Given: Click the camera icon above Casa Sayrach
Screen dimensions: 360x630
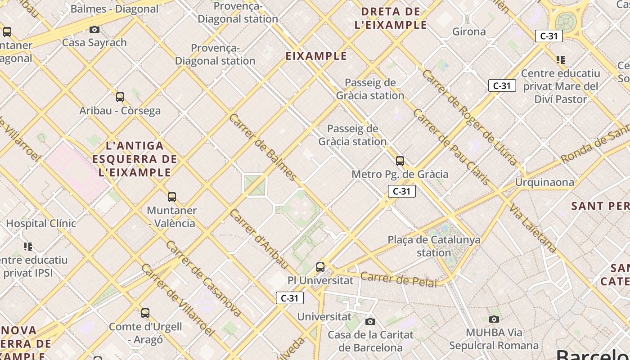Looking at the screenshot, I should pos(94,30).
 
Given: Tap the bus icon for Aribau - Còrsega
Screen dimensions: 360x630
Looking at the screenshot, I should pos(120,97).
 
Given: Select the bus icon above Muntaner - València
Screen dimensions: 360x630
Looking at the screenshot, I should pos(172,197).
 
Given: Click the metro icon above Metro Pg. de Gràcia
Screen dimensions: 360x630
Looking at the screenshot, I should pos(400,161).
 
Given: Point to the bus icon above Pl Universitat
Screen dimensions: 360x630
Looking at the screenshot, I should pos(320,267).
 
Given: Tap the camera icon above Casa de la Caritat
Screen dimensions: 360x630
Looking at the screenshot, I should pos(370,321).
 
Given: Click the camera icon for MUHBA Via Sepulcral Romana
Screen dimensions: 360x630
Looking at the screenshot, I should pos(494,319).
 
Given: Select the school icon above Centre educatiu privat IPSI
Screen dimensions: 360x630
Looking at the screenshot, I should pos(28,246).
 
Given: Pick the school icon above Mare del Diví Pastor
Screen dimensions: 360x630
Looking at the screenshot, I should pos(561,59).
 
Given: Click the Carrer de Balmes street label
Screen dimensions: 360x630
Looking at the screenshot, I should pos(263,147).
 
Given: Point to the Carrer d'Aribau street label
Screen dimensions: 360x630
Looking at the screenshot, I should pos(258,238).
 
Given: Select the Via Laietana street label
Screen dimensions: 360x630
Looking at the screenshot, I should pos(533,228).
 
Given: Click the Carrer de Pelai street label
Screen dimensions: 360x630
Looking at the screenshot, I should pos(399,279).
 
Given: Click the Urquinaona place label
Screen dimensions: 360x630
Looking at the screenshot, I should pos(544,182).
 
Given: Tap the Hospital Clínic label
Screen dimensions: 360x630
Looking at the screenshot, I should pos(41,223).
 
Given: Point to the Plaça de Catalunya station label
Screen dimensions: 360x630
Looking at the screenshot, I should pos(434,246).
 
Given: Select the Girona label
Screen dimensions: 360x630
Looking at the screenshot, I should pos(469,31).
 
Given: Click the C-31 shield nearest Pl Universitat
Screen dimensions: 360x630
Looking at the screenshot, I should pos(290,298).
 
